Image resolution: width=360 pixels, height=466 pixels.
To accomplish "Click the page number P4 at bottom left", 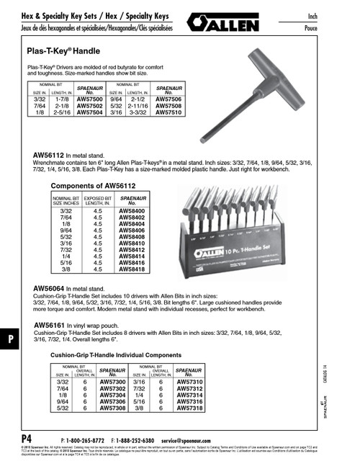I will [26, 439].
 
